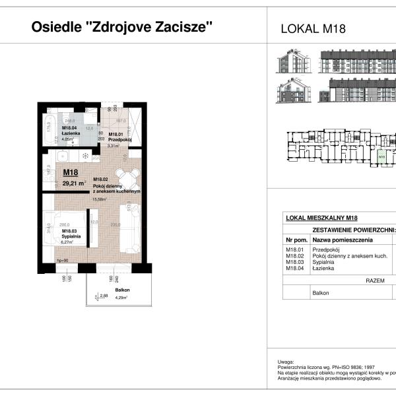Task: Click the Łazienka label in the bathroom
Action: [x=71, y=134]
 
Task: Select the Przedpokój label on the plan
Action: [x=121, y=139]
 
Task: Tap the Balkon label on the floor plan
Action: [x=122, y=290]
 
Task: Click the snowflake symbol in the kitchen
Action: [x=85, y=156]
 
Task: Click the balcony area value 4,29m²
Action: [x=121, y=298]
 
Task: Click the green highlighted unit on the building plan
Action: [x=381, y=157]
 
